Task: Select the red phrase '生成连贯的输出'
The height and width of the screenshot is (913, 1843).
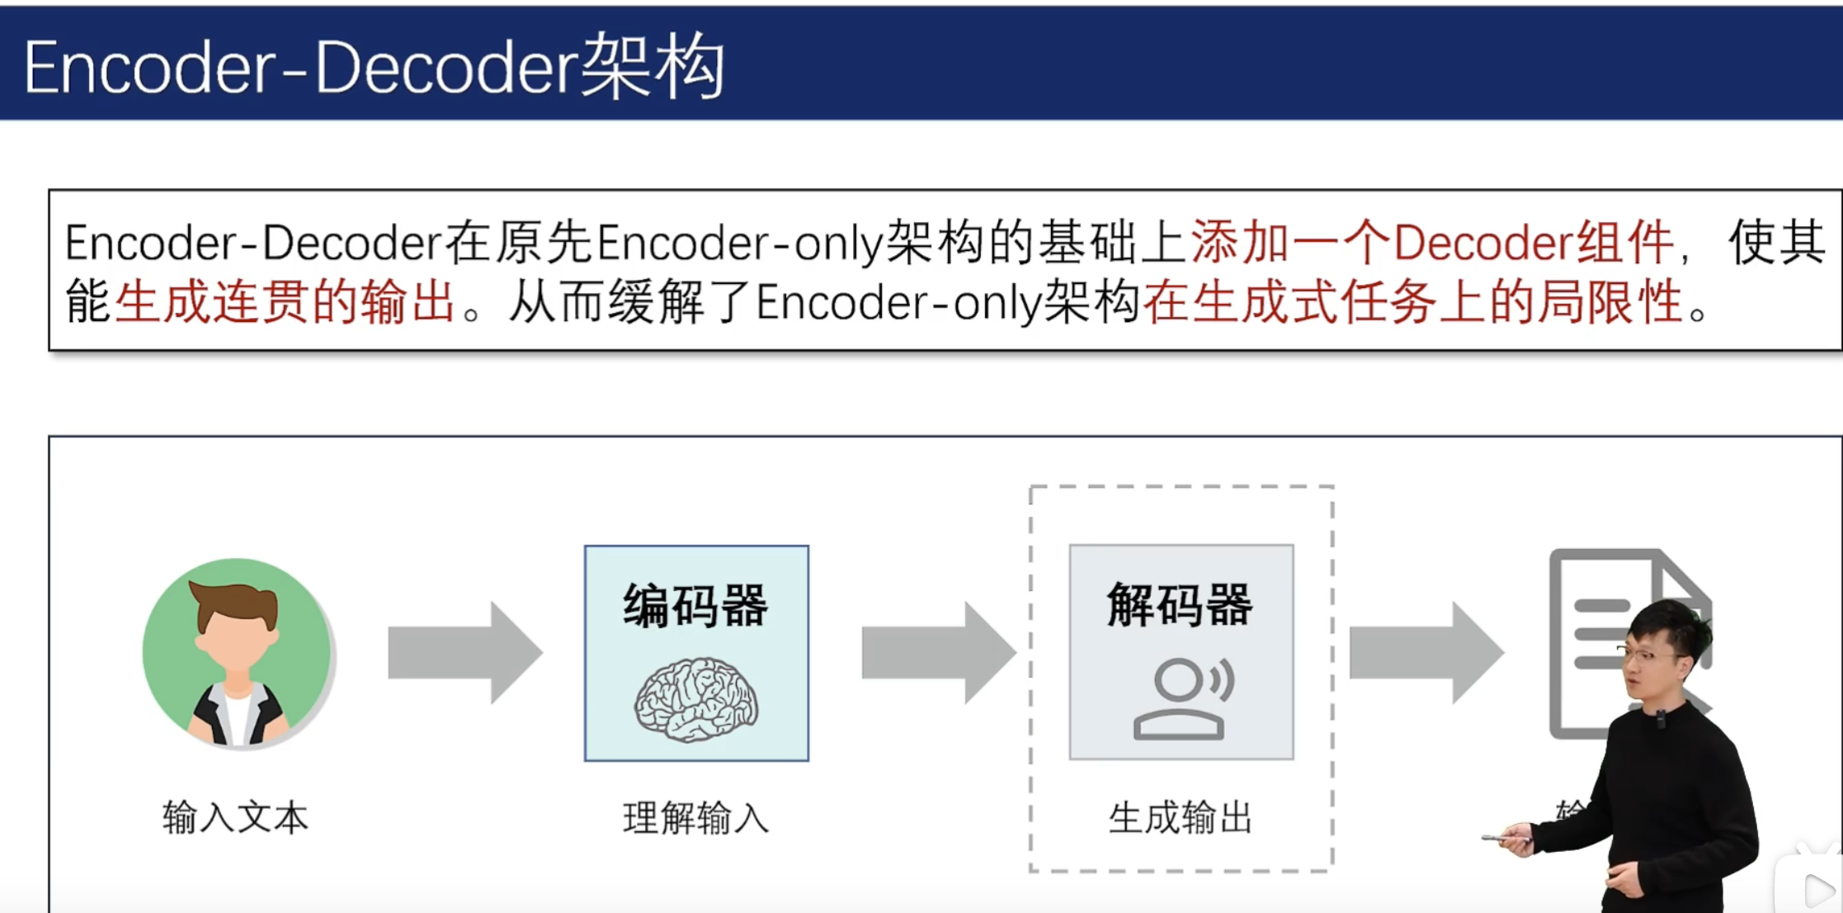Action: tap(285, 302)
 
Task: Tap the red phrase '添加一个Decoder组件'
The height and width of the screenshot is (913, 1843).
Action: tap(1431, 243)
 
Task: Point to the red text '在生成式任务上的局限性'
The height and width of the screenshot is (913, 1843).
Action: tap(1412, 302)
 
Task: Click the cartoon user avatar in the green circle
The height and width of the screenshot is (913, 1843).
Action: tap(237, 652)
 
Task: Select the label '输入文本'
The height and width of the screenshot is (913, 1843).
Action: tap(235, 818)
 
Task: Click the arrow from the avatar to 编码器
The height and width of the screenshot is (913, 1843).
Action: tap(464, 652)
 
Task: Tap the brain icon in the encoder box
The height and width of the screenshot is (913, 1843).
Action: tap(696, 698)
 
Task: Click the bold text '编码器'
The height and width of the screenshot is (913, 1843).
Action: tap(695, 606)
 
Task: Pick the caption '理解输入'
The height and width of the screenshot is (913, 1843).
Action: tap(695, 818)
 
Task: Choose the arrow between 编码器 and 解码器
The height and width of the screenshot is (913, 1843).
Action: tap(938, 652)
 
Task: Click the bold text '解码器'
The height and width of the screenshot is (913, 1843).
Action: tap(1180, 604)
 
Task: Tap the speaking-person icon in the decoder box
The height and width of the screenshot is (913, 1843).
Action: tap(1181, 698)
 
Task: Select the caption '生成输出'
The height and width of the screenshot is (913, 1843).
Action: tap(1180, 818)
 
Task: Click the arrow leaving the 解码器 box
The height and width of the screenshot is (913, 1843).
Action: tap(1426, 652)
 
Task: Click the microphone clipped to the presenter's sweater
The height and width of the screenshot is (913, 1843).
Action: tap(1661, 720)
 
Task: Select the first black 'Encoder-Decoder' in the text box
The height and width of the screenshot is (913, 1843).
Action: tap(253, 243)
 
